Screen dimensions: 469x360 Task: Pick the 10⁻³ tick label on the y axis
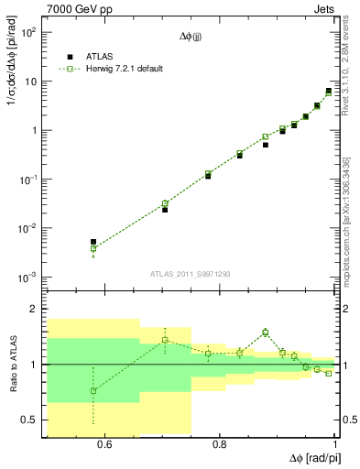28,277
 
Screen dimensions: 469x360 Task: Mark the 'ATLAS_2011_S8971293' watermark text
190,274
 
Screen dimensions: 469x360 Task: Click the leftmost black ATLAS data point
93,242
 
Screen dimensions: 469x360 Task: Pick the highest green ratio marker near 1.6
266,332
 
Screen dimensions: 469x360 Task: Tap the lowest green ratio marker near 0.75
93,391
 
